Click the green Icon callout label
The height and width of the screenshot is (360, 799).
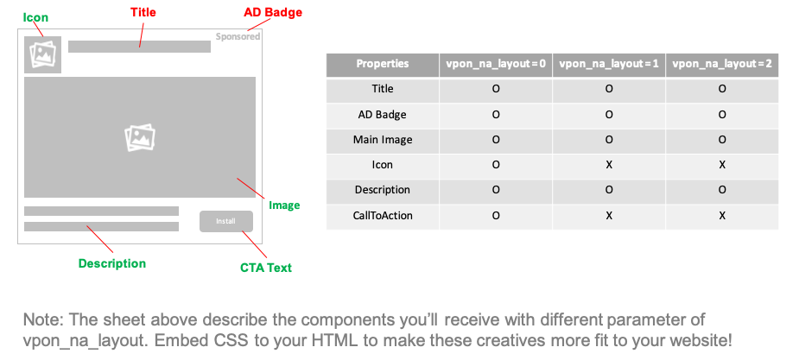pos(35,17)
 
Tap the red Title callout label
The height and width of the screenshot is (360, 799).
pos(143,12)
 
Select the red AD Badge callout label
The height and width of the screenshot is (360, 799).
pos(273,12)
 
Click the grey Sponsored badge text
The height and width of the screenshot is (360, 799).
pos(238,36)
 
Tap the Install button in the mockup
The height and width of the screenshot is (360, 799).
pos(225,222)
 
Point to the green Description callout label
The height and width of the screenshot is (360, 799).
pos(112,263)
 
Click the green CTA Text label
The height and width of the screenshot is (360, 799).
pos(266,268)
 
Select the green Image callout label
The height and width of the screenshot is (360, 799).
pos(284,205)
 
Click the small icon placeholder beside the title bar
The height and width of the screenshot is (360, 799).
pos(43,54)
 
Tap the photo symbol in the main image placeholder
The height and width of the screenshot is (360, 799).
pos(140,138)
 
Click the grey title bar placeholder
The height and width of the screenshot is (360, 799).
pos(139,47)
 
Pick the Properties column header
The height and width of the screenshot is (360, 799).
pos(383,64)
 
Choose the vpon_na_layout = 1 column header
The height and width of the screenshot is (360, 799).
pos(609,64)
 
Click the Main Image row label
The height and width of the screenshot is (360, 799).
pos(383,140)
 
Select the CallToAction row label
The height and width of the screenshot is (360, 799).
pos(383,216)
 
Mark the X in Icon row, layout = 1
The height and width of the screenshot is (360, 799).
pos(609,166)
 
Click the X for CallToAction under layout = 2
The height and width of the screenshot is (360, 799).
pos(722,216)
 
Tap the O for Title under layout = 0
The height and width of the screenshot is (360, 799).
pos(496,89)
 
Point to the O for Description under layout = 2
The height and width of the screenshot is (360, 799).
pos(722,191)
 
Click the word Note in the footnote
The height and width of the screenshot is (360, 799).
pos(42,320)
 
